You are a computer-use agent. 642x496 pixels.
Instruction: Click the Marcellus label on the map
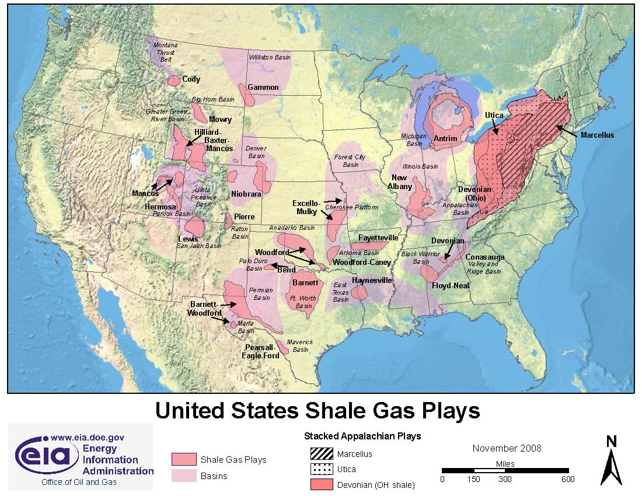pos(597,135)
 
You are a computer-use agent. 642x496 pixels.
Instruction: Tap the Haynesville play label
pos(372,281)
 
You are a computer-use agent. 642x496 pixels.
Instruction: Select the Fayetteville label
pos(378,238)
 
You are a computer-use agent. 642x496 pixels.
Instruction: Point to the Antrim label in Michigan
pos(445,138)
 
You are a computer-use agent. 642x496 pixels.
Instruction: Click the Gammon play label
pos(263,88)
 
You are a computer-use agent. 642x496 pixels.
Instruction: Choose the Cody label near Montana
pos(191,79)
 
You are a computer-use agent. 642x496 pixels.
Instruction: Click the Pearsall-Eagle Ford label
pos(261,351)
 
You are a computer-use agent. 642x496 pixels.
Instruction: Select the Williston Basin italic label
pos(270,57)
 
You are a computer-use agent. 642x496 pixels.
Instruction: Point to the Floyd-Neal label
pos(451,286)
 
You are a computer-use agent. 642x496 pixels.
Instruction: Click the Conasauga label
pos(484,257)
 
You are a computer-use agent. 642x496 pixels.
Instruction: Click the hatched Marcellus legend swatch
pos(321,453)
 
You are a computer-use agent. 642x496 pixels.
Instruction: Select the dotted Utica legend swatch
pos(321,469)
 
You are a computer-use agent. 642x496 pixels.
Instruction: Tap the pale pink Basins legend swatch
pos(183,476)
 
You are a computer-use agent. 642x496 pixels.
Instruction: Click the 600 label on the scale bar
pos(567,480)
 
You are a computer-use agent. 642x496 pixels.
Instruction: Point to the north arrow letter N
pos(611,442)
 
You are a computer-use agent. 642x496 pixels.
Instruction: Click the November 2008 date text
pos(507,448)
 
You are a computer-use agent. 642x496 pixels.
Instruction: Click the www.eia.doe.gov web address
pos(88,437)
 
